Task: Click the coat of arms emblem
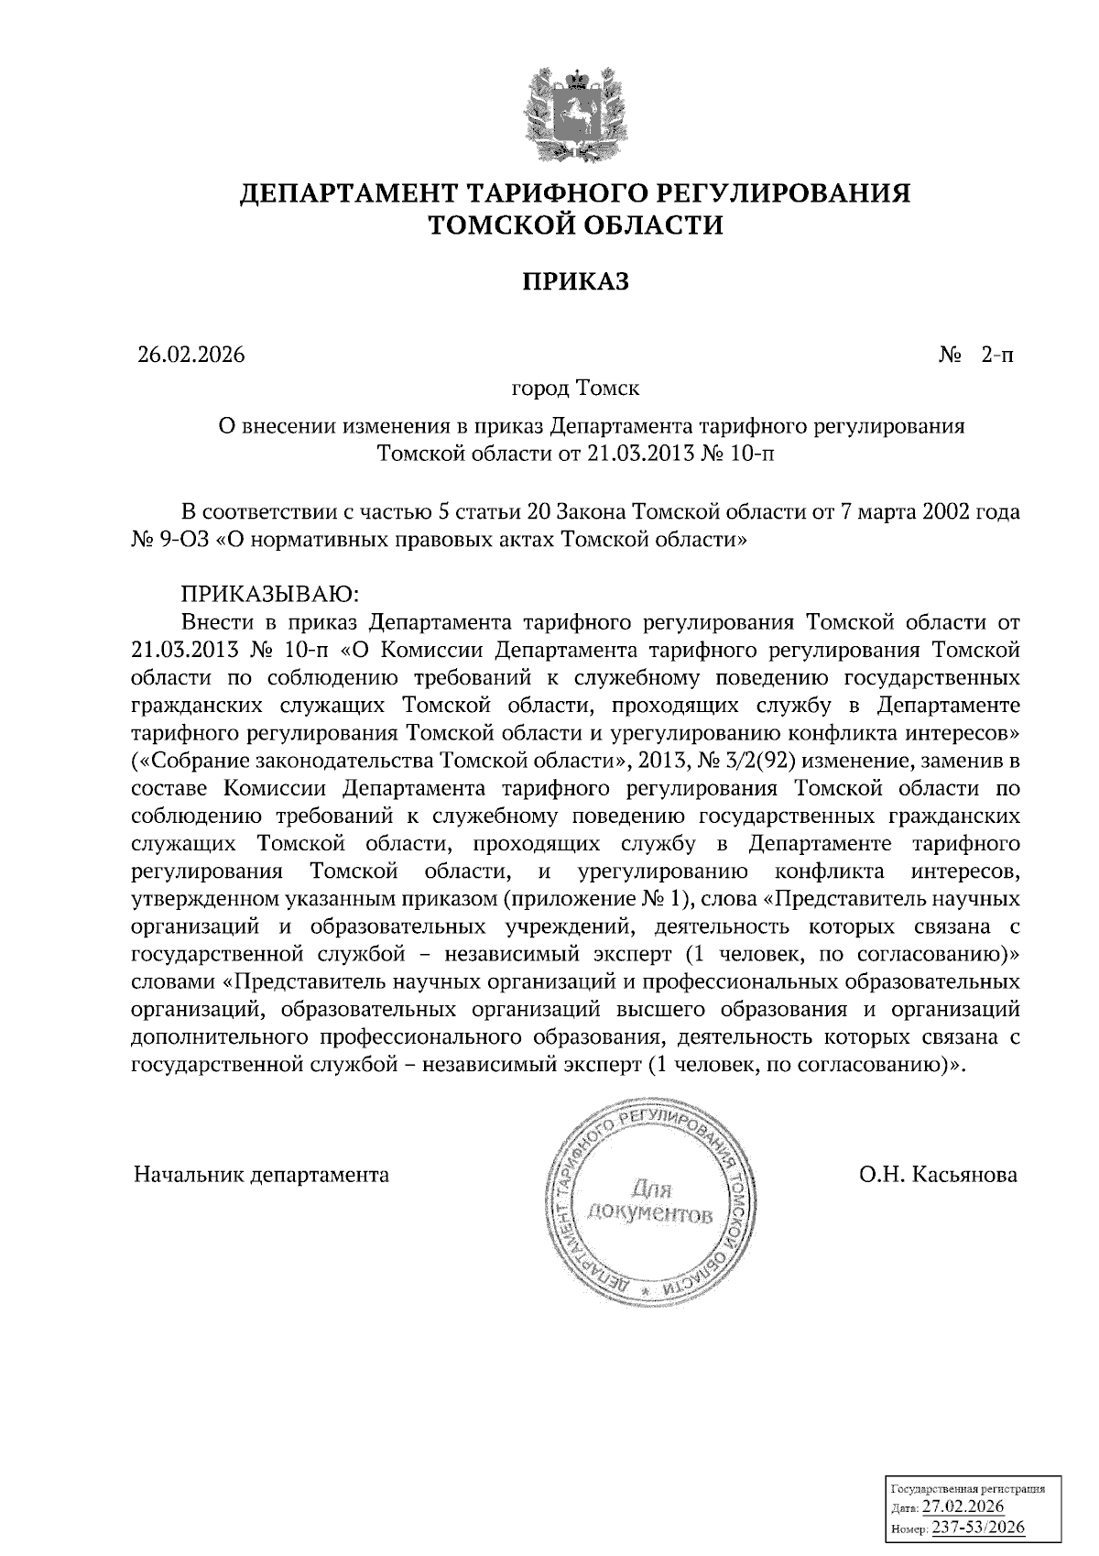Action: (x=576, y=114)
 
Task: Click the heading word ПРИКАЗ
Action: (x=576, y=281)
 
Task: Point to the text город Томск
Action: (x=576, y=389)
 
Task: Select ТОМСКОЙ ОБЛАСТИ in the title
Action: (x=576, y=225)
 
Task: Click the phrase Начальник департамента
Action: (x=261, y=1175)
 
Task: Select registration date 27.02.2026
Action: (x=963, y=1508)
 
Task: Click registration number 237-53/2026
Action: (x=978, y=1528)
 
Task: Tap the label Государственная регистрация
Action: (x=967, y=1490)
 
